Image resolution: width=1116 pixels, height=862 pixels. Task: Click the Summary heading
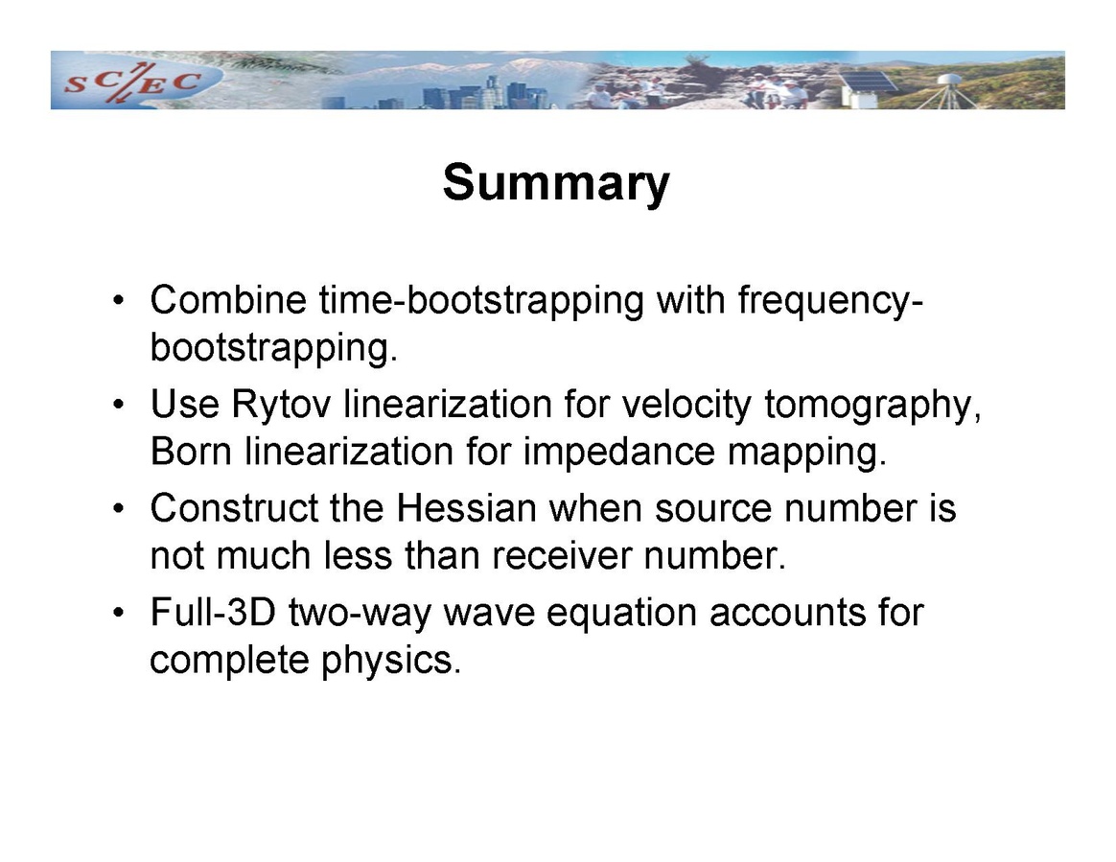556,184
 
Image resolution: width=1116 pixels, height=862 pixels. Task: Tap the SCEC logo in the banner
132,82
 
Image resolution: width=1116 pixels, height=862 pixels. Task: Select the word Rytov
281,405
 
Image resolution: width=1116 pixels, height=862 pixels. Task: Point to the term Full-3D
213,613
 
